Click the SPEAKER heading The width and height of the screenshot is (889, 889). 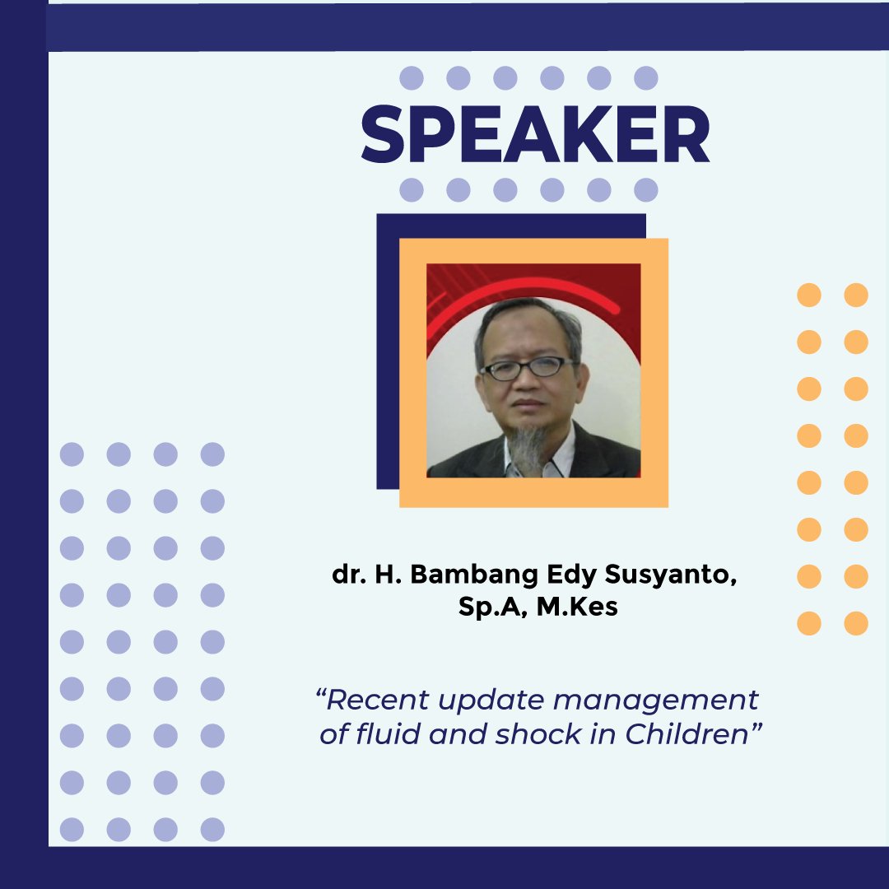[x=535, y=134]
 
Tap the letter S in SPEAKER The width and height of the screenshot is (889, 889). [x=386, y=134]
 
